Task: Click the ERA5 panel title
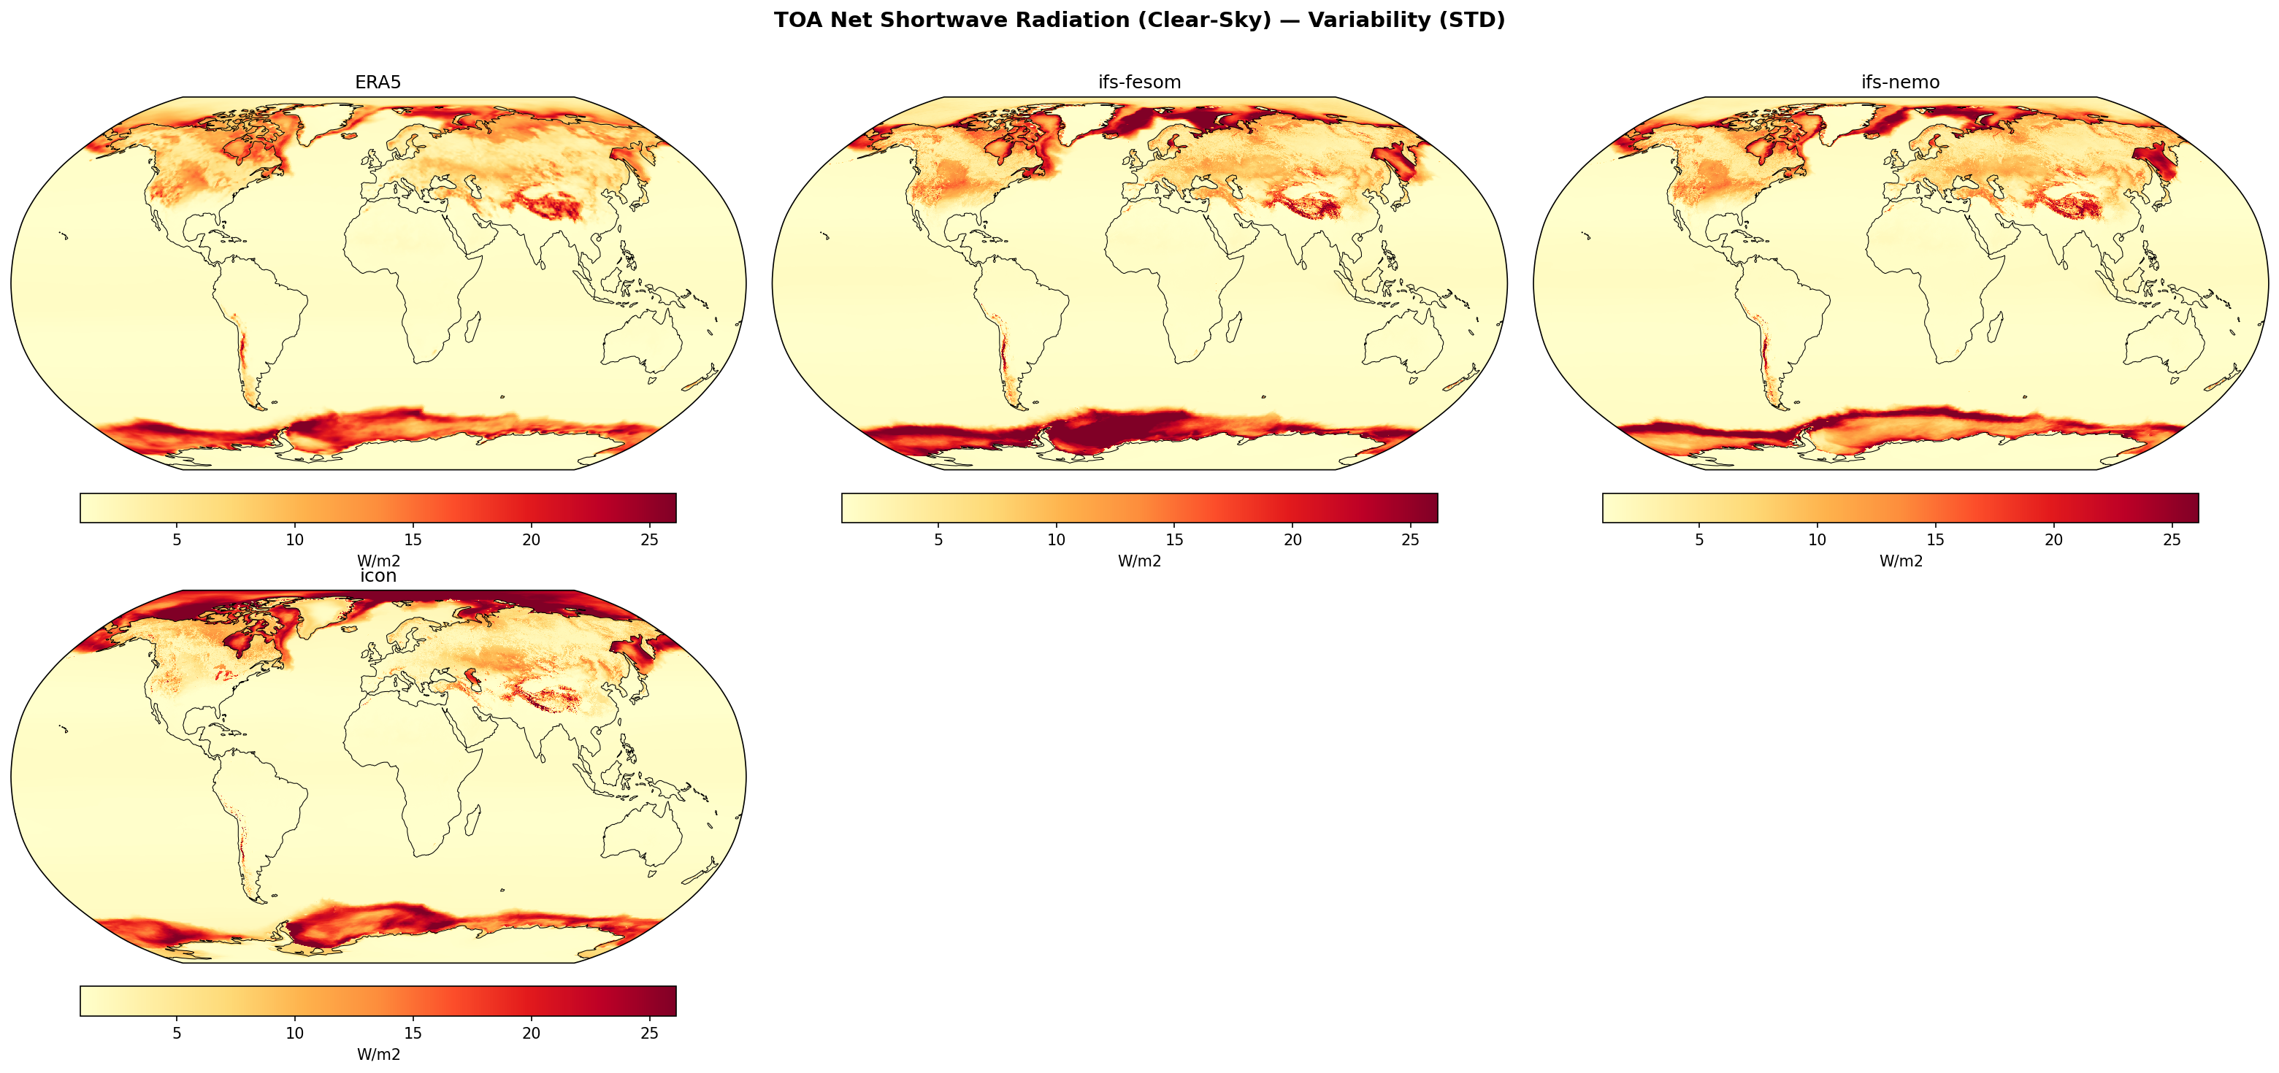point(378,82)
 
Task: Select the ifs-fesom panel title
point(1138,82)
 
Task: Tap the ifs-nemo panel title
point(1900,82)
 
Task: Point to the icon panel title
point(378,576)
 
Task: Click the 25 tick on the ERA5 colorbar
point(649,539)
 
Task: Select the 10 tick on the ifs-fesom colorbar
point(1057,539)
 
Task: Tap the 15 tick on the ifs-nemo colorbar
point(1936,539)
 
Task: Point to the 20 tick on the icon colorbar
point(531,1033)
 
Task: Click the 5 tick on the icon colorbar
point(177,1033)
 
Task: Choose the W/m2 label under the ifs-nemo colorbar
point(1900,561)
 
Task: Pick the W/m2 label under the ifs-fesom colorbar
point(1139,561)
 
